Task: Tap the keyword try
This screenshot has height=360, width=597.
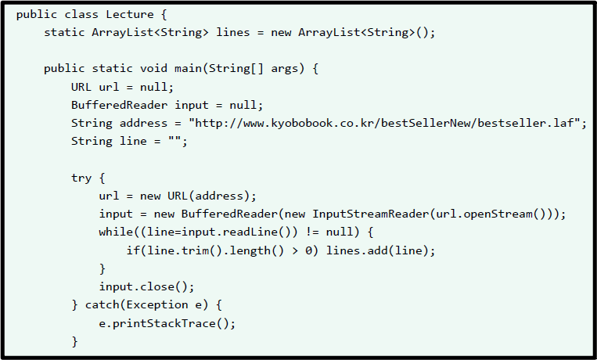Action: click(81, 178)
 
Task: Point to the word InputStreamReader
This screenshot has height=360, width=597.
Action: click(368, 214)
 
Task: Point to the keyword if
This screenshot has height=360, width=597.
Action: click(133, 250)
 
